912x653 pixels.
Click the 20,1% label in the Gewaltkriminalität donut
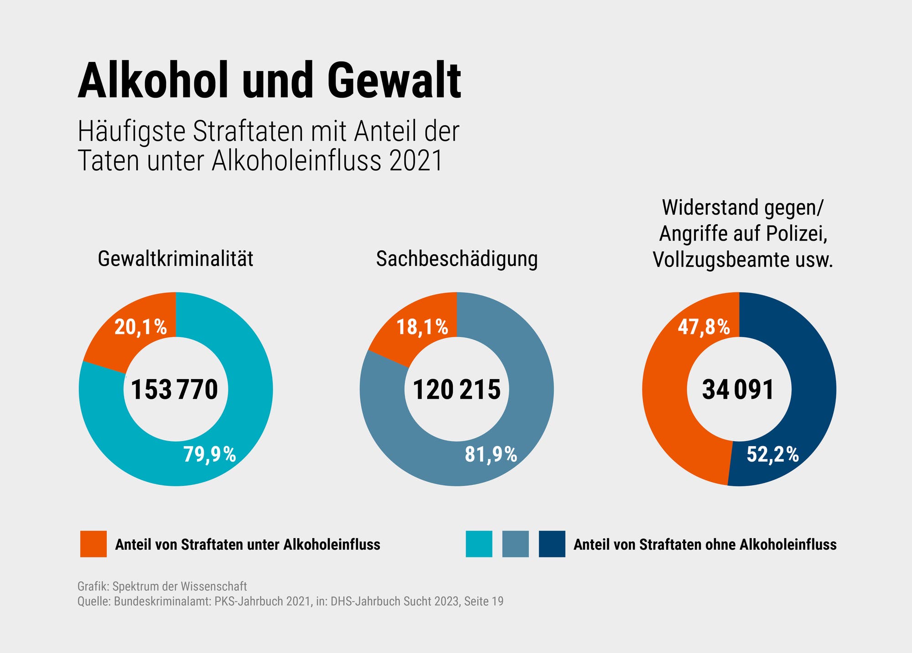pos(140,327)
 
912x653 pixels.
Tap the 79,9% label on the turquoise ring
pos(210,454)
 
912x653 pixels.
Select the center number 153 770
pos(175,390)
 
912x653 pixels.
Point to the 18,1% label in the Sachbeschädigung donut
pos(422,327)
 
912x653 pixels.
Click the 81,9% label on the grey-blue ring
pos(491,454)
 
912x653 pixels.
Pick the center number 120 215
pos(456,390)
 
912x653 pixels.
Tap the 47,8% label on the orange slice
pos(704,327)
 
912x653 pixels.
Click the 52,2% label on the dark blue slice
pos(772,454)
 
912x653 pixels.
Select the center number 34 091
pos(738,390)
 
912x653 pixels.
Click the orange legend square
pos(93,544)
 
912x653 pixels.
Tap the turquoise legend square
pos(479,544)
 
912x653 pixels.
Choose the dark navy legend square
pos(552,544)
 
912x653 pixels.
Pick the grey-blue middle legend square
pos(515,544)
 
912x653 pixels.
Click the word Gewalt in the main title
pos(394,81)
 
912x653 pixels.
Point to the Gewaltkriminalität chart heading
pos(176,259)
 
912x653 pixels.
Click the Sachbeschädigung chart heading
pos(457,259)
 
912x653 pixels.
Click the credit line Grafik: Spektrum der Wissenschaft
pos(162,586)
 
